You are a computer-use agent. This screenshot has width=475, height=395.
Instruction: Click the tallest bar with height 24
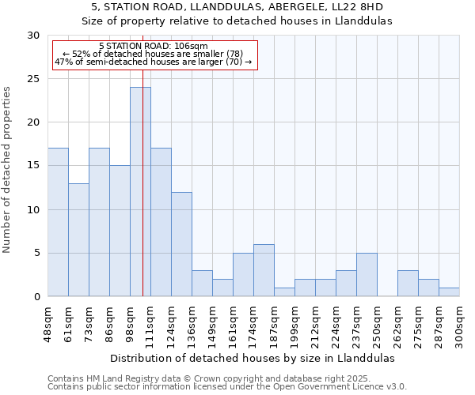pos(140,192)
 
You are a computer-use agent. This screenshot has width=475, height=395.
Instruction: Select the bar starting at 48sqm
pos(58,222)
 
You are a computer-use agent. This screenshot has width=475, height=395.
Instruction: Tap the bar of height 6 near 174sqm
pos(264,270)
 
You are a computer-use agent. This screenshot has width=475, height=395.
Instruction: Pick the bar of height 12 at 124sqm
pos(181,244)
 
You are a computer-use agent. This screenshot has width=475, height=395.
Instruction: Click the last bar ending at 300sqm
pos(449,292)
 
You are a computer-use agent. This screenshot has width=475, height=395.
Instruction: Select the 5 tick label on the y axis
pos(36,254)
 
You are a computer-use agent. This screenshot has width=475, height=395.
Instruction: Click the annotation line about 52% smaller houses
pos(155,54)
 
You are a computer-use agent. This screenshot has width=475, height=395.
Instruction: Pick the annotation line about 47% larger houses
pos(154,62)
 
